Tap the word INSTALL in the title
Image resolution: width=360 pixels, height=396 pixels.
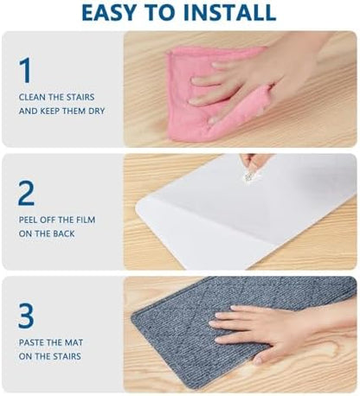229,12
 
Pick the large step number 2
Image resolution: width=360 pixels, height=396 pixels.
26,192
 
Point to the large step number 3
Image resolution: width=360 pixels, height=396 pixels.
26,315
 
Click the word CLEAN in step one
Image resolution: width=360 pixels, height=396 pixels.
33,97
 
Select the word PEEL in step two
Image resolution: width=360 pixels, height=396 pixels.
29,220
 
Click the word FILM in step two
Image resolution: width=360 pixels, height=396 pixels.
81,220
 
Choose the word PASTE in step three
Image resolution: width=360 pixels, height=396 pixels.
33,342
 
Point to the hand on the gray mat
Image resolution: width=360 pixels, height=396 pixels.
268,329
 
